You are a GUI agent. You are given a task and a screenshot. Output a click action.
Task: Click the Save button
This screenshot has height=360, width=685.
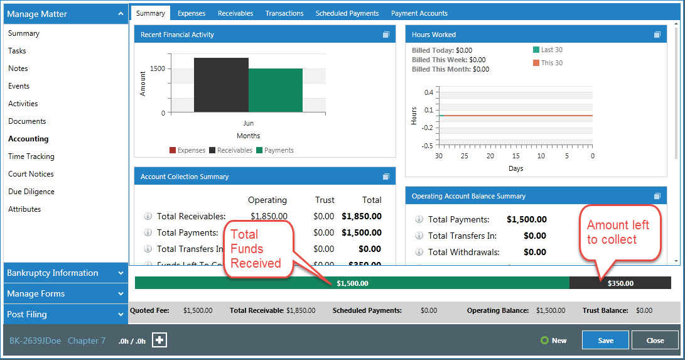(x=605, y=340)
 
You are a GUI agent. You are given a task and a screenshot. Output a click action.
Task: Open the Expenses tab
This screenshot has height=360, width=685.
(x=191, y=13)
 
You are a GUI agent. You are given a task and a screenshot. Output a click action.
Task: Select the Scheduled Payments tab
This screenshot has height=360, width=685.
(x=347, y=13)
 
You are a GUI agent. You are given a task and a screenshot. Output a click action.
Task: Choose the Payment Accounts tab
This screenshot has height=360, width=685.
(x=419, y=13)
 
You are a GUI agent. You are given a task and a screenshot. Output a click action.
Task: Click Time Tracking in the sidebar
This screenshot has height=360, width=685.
(x=31, y=156)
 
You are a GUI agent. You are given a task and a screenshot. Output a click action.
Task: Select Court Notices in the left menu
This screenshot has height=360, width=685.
(x=31, y=174)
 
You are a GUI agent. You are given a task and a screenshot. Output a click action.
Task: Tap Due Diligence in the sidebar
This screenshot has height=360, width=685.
(x=31, y=192)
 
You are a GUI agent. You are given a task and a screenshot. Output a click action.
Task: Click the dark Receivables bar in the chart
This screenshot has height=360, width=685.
(x=221, y=85)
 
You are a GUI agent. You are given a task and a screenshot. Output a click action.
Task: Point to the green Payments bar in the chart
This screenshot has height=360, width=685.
(x=275, y=90)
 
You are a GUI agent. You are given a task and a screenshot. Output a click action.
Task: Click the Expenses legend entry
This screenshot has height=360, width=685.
(x=187, y=151)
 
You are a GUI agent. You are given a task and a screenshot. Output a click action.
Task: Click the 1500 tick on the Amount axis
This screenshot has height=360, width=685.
(x=158, y=68)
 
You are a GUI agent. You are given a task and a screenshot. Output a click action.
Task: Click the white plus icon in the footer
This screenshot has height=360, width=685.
(x=159, y=341)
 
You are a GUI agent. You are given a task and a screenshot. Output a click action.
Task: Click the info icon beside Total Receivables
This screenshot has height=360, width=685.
(x=148, y=216)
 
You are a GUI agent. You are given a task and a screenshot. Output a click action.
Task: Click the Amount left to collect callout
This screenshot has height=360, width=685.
(x=618, y=232)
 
